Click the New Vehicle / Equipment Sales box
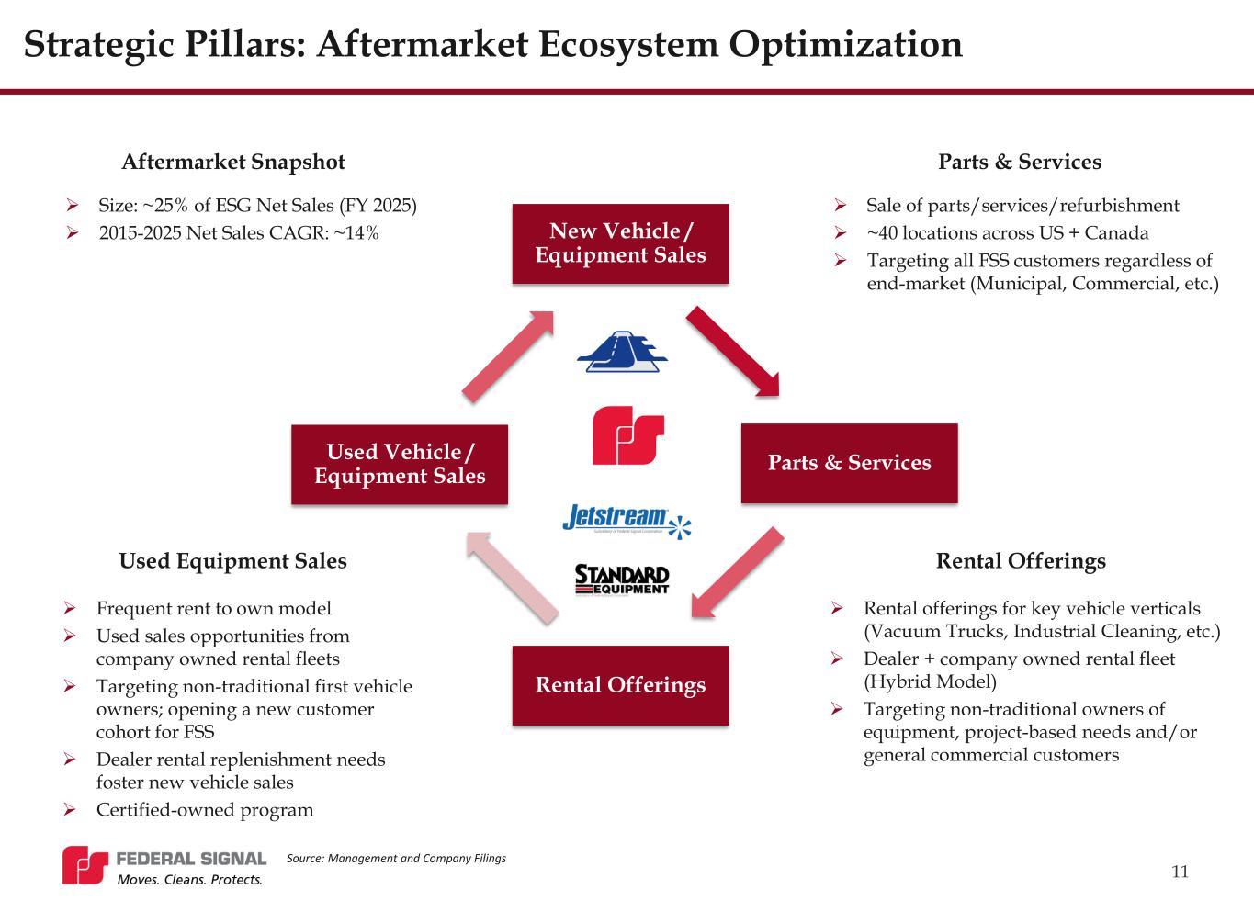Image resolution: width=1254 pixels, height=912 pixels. pos(620,242)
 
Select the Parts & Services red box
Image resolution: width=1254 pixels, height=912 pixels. pos(849,462)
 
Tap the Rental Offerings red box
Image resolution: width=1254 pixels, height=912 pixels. pos(620,685)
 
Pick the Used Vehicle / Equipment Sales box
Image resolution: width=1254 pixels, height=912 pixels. pos(400,464)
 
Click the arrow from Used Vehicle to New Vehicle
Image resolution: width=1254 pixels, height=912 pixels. pos(508,355)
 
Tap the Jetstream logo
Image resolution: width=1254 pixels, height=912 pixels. pos(626,520)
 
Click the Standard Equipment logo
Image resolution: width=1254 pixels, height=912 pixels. pos(622,580)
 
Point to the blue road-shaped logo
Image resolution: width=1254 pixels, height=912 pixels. pos(621,352)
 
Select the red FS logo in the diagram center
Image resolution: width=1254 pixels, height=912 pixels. pos(628,434)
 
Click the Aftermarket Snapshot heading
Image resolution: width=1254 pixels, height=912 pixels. pos(233,163)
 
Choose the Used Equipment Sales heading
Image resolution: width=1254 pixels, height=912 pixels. pos(233,561)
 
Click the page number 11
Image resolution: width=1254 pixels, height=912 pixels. pos(1181,872)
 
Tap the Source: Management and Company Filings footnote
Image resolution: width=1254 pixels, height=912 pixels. pos(396,859)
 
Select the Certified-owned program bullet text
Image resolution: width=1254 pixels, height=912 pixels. pos(205,810)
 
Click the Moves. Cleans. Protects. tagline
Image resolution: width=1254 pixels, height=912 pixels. pos(189,880)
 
